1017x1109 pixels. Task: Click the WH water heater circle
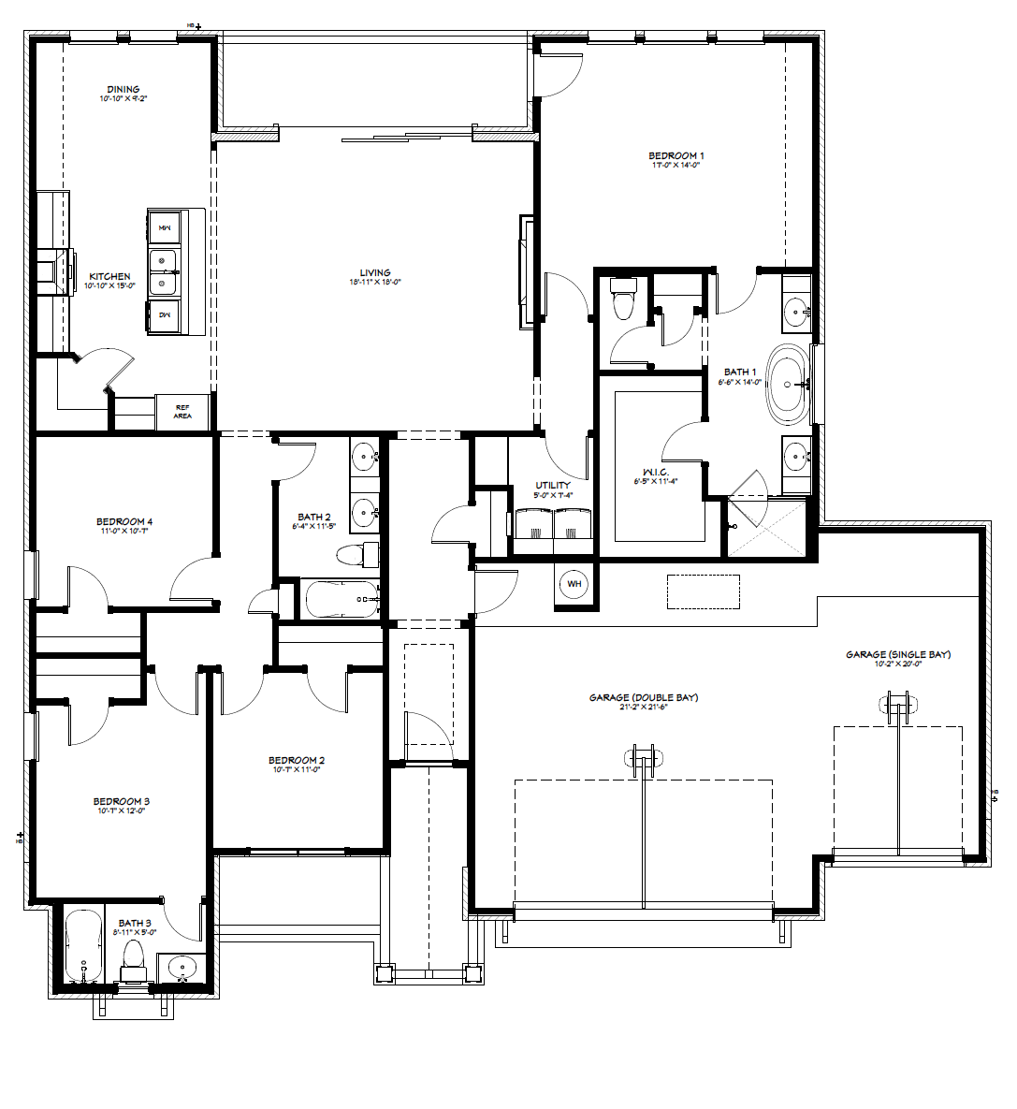coord(574,584)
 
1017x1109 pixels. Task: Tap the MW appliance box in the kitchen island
coord(164,227)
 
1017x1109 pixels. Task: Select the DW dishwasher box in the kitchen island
coord(164,315)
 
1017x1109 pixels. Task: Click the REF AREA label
coord(182,411)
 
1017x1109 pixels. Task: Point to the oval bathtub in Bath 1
coord(791,385)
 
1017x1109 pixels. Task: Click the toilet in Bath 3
coord(133,957)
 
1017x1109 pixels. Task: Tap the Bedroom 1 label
coord(676,155)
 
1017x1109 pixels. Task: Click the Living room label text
coord(375,273)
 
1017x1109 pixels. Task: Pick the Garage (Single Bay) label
coord(898,654)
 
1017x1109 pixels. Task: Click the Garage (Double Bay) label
coord(644,697)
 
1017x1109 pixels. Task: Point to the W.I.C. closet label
coord(655,472)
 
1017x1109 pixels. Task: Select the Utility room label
coord(553,485)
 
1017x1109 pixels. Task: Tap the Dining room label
coord(123,90)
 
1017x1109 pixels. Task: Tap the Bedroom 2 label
coord(297,760)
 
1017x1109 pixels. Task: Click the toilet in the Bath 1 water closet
coord(622,299)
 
